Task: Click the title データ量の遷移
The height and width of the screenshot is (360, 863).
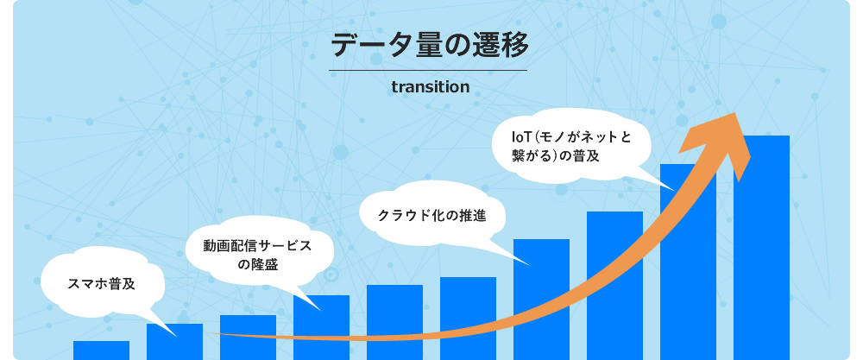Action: pos(429,44)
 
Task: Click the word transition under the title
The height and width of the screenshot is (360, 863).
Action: pos(430,87)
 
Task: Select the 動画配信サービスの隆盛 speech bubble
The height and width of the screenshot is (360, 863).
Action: pos(256,255)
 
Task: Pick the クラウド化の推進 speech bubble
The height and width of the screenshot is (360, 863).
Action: pos(431,215)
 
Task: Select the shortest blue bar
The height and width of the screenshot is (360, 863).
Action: pos(101,350)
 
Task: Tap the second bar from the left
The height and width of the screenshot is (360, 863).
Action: pos(174,342)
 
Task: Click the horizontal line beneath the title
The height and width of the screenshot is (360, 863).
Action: pos(428,69)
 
